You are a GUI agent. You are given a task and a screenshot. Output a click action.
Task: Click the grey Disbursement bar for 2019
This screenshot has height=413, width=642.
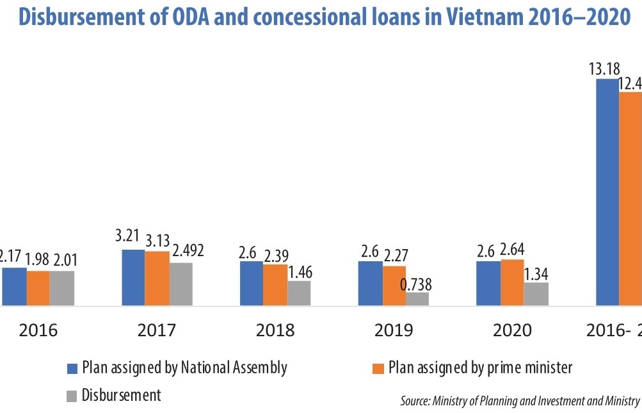point(417,298)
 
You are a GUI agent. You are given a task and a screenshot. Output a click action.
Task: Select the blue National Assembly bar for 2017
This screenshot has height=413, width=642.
point(133,277)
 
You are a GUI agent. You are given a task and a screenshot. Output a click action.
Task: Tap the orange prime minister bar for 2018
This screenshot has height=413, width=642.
point(275,284)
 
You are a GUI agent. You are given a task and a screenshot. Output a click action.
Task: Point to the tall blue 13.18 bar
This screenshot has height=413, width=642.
point(607,192)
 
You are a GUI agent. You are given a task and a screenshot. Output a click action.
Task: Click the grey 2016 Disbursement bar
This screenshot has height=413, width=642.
point(62,287)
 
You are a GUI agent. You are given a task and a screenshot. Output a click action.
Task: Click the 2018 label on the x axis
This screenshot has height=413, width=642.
point(275,330)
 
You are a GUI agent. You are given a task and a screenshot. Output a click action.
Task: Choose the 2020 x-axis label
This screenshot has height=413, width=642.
point(512,330)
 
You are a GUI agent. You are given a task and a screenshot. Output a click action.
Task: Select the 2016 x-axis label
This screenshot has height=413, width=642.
point(38,330)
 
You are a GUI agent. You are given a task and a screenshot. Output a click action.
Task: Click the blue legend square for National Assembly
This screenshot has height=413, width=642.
point(73,369)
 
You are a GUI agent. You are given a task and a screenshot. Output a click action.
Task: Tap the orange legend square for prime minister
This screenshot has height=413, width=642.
point(378,369)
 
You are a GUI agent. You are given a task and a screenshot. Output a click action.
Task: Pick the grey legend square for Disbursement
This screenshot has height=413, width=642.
point(73,396)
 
